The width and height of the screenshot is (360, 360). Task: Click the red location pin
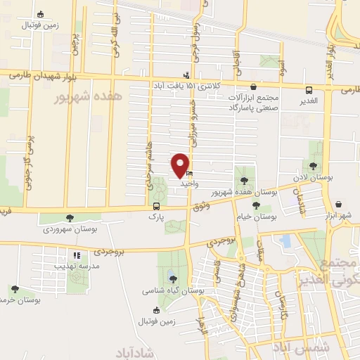[x=181, y=165]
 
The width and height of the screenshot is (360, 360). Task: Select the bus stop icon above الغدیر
[x=309, y=90]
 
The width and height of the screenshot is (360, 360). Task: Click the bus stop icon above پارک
[x=156, y=207]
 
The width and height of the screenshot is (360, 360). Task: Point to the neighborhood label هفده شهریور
[x=87, y=97]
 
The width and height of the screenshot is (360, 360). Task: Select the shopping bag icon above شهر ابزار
[x=340, y=204]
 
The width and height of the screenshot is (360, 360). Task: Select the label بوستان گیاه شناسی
[x=173, y=290]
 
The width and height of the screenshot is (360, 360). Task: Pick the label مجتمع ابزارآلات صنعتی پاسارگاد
[x=254, y=102]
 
